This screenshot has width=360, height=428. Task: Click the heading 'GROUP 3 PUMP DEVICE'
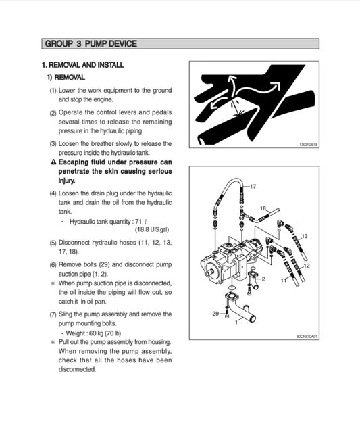point(90,44)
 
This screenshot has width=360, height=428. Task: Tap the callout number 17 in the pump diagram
point(253,185)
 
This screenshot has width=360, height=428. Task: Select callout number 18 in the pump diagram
point(263,208)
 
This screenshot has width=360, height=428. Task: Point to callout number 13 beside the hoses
point(305,236)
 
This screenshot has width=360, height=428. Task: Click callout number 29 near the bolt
point(215,314)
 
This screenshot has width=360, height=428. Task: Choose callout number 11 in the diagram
point(283,279)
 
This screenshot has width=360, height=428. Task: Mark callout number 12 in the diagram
point(307,266)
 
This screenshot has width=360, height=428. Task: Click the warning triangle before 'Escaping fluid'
point(53,162)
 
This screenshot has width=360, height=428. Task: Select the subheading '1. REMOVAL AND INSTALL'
point(82,65)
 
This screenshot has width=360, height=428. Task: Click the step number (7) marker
point(53,314)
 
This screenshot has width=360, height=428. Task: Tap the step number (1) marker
point(53,91)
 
